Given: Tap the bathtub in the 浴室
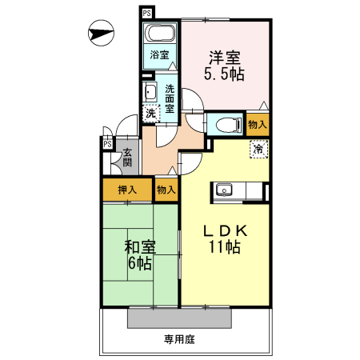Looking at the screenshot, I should coord(160,35).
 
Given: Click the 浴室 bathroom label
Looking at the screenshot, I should coord(159,55).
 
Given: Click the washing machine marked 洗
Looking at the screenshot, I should coord(151,113).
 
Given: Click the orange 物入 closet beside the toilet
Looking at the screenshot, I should coord(258,125).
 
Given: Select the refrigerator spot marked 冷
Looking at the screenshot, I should coord(258,149).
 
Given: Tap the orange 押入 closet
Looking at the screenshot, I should coord(126,190).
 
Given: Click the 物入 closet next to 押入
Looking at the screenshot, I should coord(166,190).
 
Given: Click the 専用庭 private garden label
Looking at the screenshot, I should coord(180,338).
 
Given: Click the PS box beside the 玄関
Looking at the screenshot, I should coord(106,144).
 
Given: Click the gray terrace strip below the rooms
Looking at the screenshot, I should coord(181,318).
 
